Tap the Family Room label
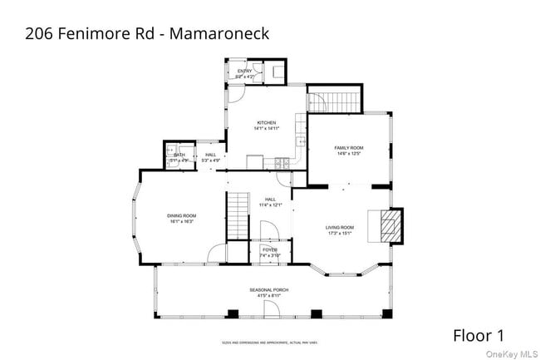coord(349,148)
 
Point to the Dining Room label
coord(182,216)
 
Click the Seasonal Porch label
coord(269,289)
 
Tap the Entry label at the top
coord(244,72)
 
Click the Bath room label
coord(179,155)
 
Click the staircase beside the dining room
coord(238,214)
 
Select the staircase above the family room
coord(334,102)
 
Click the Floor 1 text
coord(478,336)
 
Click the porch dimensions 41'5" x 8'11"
coord(269,295)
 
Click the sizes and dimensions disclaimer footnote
coord(269,342)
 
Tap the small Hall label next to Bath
coord(210,155)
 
